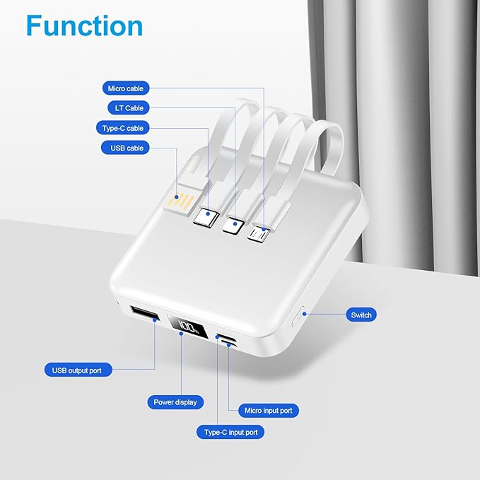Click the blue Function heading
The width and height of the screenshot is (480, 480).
point(84,25)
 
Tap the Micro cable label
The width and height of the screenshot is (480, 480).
point(126,88)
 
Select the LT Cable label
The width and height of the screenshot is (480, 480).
point(129,108)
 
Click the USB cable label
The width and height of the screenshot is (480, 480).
point(127,148)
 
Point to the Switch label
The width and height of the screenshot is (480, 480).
point(361,315)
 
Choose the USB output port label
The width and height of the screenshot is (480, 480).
point(77,369)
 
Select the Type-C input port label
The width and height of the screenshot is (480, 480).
point(230,431)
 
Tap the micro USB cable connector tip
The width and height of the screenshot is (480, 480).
point(259,232)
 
